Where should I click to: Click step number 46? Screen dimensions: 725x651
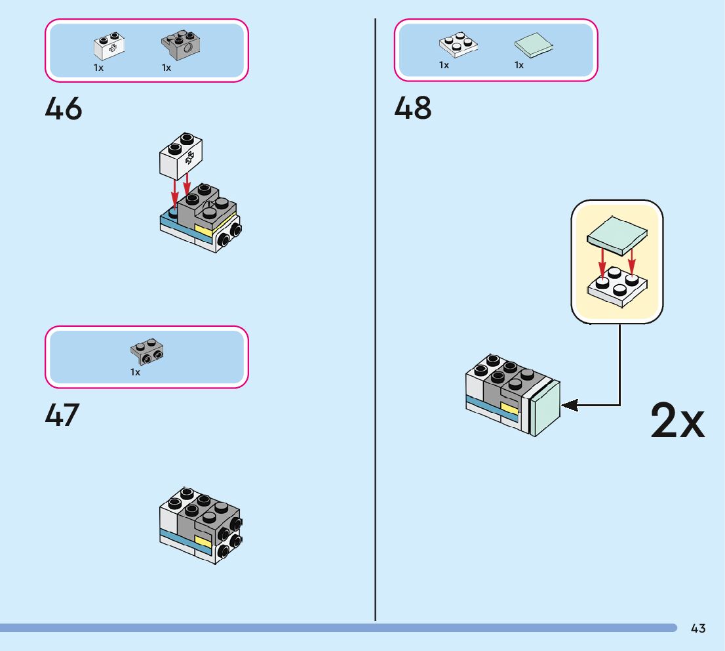coord(64,109)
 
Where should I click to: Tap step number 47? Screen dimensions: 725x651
coord(62,415)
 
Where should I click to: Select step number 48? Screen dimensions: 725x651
coord(413,109)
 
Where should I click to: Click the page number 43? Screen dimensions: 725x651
coord(698,629)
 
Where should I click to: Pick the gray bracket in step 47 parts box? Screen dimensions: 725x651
coord(147,352)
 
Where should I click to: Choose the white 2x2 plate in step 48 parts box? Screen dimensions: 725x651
coord(458,44)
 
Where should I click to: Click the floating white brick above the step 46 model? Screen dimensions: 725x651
coord(181,156)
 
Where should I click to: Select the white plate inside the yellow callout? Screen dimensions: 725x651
coord(617,287)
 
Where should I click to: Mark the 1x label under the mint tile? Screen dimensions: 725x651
coord(519,65)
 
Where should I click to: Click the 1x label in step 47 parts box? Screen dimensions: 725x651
coord(134,372)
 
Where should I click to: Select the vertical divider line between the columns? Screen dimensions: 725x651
coord(376,315)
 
